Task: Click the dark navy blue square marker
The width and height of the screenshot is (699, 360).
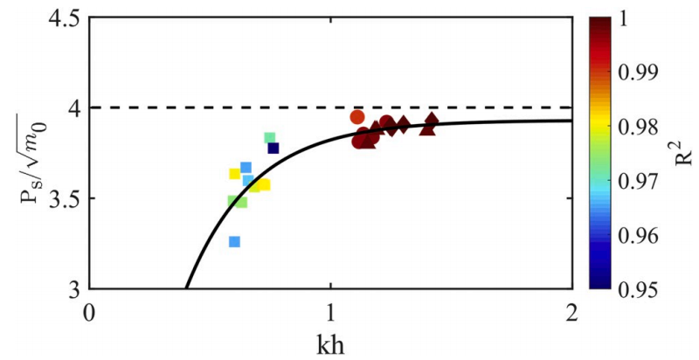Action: tap(273, 149)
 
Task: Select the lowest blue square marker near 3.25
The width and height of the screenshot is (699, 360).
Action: tap(234, 242)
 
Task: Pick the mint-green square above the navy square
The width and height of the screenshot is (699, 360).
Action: tap(270, 138)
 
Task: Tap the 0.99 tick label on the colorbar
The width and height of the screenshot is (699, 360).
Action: tap(644, 73)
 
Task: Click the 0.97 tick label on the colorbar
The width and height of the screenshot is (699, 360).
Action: tap(644, 181)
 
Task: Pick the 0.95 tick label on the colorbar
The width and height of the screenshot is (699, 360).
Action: tap(644, 288)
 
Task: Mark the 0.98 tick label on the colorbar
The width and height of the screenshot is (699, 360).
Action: tap(644, 127)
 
